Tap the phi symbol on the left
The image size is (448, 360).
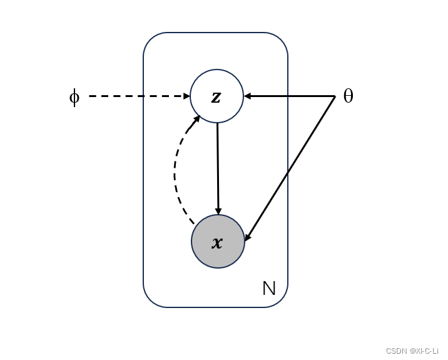(74, 97)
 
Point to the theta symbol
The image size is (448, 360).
(349, 96)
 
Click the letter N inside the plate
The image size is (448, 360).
(269, 288)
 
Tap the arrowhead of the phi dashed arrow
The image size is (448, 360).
(186, 96)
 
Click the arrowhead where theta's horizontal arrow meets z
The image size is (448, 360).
(247, 96)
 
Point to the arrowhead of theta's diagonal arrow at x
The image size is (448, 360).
(248, 237)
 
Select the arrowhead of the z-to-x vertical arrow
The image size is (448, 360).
(218, 211)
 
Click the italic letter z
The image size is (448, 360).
(216, 96)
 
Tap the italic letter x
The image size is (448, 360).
(217, 242)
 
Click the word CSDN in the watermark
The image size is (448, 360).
(397, 351)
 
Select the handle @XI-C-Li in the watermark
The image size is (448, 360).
(425, 351)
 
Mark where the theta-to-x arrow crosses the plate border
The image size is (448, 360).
(287, 173)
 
